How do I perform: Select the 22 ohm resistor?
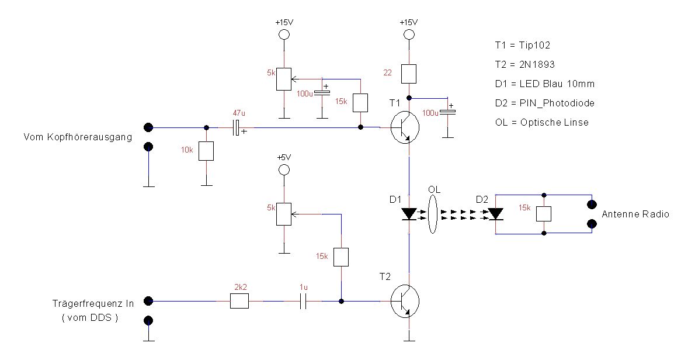click(408, 74)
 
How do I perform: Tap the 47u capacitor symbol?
click(237, 127)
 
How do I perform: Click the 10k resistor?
click(206, 151)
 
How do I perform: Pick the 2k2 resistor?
click(239, 301)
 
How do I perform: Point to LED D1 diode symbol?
click(409, 214)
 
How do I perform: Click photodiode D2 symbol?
click(496, 214)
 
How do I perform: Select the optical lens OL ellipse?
click(433, 214)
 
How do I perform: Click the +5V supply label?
click(284, 158)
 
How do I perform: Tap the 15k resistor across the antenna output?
click(544, 214)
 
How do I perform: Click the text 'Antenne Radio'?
click(635, 214)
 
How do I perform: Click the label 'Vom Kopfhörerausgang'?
click(77, 137)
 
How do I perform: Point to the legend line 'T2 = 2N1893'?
click(527, 64)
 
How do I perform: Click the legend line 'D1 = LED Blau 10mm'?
click(544, 84)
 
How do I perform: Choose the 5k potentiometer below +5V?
click(284, 214)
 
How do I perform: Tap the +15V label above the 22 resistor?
click(408, 22)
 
